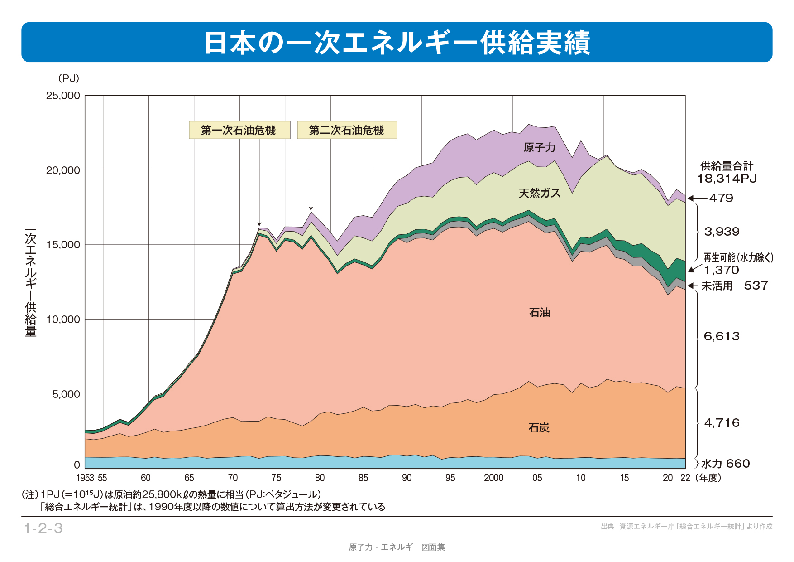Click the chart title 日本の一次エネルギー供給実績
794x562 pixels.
coord(397,43)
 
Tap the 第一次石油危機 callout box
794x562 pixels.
coord(239,130)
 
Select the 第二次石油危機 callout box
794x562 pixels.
coord(347,130)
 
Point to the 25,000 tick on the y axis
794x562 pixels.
coord(63,96)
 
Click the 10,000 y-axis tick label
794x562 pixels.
coord(63,320)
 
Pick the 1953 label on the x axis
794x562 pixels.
coord(85,478)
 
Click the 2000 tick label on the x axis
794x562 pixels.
coord(493,478)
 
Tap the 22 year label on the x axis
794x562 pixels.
coord(685,478)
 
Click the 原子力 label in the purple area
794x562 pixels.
coord(539,147)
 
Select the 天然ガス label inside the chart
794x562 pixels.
coord(539,194)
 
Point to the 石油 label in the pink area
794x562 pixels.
coord(539,312)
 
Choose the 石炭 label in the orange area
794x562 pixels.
coord(539,427)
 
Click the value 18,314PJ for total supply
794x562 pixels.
coord(727,179)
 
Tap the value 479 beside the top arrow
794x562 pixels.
coord(721,198)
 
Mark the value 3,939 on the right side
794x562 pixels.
coord(722,232)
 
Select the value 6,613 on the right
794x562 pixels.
coord(722,336)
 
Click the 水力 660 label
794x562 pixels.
coord(725,464)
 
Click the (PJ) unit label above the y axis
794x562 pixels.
coord(69,78)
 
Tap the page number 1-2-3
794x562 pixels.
coord(43,528)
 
